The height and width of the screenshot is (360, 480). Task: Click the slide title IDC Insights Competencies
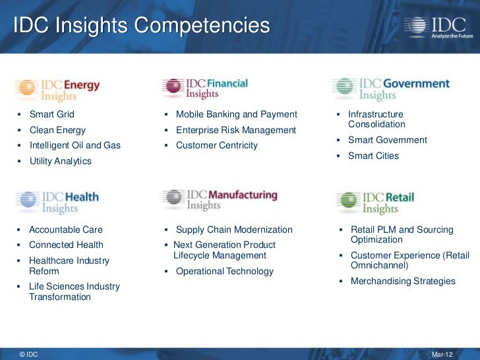coord(142,26)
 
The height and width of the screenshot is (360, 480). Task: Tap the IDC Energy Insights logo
coord(58,90)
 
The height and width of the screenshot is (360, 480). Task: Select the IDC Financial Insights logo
coord(206,88)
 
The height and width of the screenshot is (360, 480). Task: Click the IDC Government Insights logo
coord(391,89)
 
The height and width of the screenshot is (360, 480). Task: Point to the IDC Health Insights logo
coord(57,202)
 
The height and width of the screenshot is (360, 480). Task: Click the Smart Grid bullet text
coord(51,114)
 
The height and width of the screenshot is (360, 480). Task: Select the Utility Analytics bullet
coord(60,161)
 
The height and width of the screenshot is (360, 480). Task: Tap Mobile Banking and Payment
coord(236,114)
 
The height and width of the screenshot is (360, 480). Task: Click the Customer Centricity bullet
coord(216,145)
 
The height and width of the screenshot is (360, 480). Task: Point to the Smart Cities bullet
coord(373,156)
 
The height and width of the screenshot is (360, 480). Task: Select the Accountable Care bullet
coord(65,229)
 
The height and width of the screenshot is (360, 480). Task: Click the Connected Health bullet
coord(66,245)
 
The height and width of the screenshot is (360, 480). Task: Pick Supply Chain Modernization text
coord(233,229)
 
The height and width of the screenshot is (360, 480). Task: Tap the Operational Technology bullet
coord(224,271)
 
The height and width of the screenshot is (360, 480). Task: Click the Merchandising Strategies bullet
coord(402,281)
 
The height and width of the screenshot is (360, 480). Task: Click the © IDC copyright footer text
coord(29,354)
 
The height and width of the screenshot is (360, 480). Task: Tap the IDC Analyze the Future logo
coord(436,27)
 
